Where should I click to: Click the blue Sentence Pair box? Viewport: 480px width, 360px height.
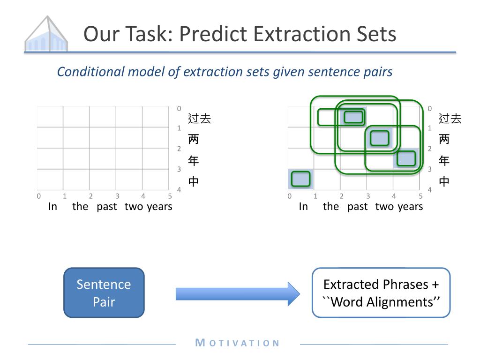104,292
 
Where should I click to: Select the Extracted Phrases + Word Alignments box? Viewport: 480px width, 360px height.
381,292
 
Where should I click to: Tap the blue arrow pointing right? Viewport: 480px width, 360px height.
238,294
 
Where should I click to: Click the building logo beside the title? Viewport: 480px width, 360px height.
46,34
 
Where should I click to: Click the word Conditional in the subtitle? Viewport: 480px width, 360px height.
91,72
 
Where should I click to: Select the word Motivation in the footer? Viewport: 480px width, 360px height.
237,343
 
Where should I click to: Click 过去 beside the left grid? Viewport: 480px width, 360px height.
199,119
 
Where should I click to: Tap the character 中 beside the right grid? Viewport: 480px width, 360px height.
444,181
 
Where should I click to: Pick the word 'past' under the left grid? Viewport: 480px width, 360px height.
106,207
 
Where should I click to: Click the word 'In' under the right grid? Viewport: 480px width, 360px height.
303,207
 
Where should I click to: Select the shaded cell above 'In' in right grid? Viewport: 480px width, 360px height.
301,179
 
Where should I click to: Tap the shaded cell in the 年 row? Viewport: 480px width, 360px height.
406,158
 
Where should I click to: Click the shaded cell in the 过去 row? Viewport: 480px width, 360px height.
353,117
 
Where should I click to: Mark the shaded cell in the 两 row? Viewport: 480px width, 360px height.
380,138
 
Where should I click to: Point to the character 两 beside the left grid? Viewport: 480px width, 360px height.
194,139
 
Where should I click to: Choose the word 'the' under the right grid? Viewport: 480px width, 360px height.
331,206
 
